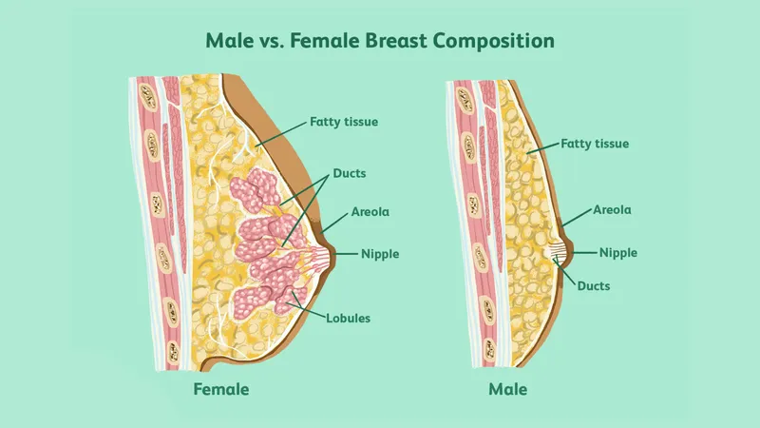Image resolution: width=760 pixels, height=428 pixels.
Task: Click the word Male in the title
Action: tap(229, 40)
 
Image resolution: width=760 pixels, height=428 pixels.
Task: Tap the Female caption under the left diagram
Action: tap(221, 389)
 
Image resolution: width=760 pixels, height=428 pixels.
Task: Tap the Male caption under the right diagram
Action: tap(507, 389)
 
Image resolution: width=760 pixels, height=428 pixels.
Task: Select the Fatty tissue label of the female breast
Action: tap(344, 122)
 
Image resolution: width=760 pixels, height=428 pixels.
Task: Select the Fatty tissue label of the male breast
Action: tap(595, 144)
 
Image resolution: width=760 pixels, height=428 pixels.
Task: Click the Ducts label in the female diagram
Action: tap(350, 173)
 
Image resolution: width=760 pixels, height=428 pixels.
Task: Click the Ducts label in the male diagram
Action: tap(593, 286)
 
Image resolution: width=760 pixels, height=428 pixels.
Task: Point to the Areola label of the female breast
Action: tap(370, 211)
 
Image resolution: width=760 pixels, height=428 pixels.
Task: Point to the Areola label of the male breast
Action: tap(612, 209)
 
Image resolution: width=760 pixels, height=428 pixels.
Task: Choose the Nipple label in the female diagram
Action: tap(380, 254)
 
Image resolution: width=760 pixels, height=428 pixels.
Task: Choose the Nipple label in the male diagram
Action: tap(618, 253)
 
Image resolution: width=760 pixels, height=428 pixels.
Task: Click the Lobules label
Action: tap(348, 319)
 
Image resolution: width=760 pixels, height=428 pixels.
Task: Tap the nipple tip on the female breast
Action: tap(334, 253)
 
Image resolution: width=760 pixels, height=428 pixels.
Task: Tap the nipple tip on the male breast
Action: tap(573, 252)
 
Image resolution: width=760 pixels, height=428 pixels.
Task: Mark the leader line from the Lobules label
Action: tap(308, 304)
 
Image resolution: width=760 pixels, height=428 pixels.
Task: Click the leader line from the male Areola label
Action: tap(577, 219)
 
